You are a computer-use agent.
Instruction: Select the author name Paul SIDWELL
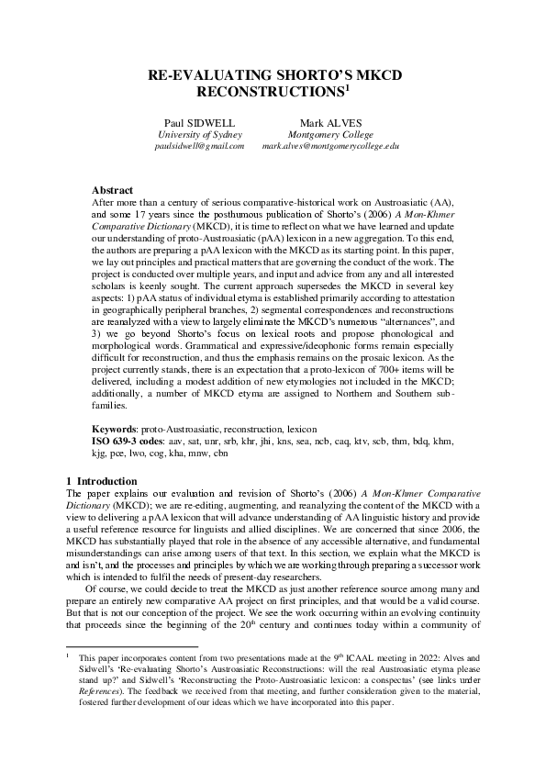(199, 122)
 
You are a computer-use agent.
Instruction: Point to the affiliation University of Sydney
(199, 134)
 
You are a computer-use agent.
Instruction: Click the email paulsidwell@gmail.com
(199, 146)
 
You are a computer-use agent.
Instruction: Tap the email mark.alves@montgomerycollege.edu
(330, 146)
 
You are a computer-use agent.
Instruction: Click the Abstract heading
(112, 190)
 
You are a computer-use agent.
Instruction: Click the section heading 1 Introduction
(103, 481)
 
